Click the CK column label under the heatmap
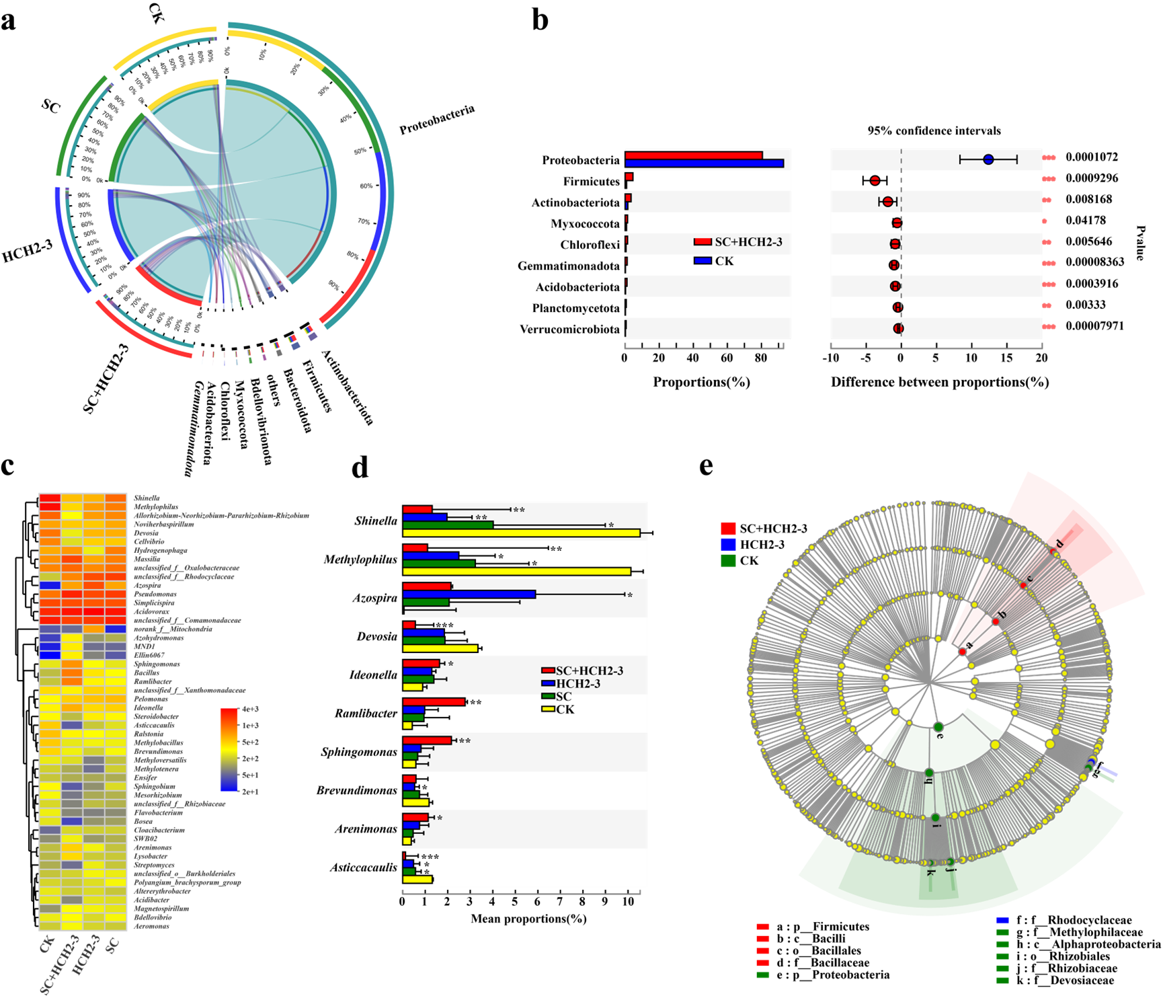[x=47, y=944]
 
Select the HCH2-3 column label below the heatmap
[x=86, y=954]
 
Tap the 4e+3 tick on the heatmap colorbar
[x=250, y=709]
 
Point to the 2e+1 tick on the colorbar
[x=250, y=792]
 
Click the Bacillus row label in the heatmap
[x=147, y=673]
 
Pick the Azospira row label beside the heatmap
[x=147, y=586]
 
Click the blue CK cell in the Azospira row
[x=50, y=586]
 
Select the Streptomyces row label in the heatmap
[x=154, y=865]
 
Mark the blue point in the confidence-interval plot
[x=988, y=159]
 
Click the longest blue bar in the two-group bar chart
[x=704, y=163]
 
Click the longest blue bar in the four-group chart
[x=469, y=594]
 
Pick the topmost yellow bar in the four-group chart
[x=521, y=533]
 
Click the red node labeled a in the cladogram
[x=963, y=650]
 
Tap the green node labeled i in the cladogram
[x=936, y=818]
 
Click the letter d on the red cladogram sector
[x=1059, y=544]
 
